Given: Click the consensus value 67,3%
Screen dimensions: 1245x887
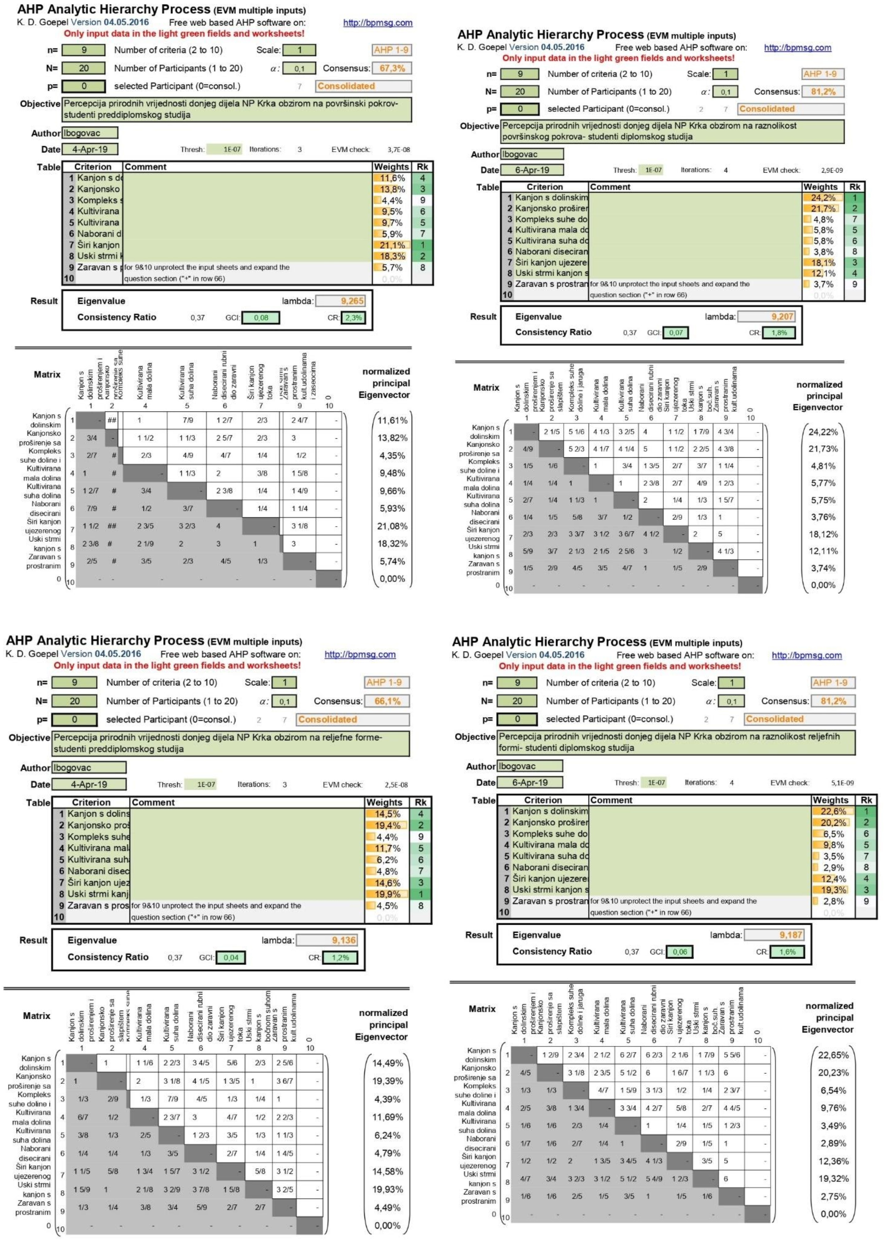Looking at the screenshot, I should pos(392,68).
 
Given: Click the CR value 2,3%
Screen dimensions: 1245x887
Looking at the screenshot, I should pos(353,318).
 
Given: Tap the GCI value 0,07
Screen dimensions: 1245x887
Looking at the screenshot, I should pos(676,333).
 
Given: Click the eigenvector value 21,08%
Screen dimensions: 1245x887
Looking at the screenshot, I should pos(392,526).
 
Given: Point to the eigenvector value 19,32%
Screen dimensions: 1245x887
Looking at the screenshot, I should pos(833,1178).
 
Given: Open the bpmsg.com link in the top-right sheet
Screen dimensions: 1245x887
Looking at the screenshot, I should pos(797,48).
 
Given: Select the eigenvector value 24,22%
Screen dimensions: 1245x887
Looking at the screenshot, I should pos(822,432).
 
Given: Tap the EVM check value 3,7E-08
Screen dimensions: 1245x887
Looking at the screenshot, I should pos(399,150).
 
